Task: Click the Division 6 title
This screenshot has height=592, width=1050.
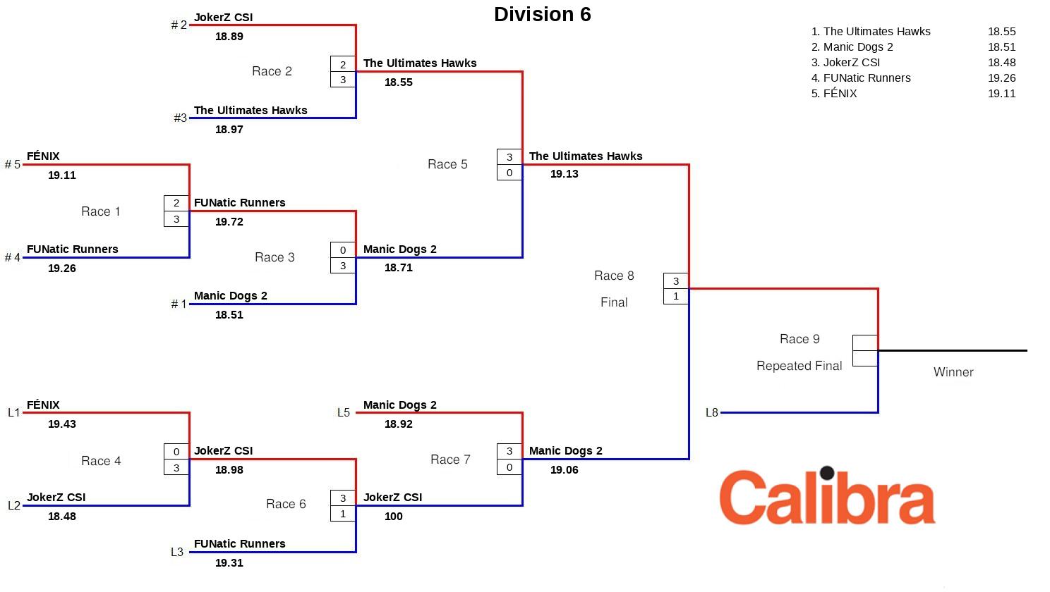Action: point(542,15)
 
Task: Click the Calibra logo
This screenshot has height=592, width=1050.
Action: point(827,496)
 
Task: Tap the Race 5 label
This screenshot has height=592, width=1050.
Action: point(447,164)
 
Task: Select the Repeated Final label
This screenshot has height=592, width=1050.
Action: point(799,366)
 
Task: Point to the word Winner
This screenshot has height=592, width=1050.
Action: point(953,372)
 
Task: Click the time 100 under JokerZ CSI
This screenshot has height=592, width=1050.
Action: point(393,517)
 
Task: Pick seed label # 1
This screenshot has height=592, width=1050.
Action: point(179,304)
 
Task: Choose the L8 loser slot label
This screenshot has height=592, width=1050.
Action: point(711,413)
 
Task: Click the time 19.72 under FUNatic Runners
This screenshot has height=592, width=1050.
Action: point(229,222)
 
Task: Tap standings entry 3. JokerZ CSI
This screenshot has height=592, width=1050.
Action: point(845,63)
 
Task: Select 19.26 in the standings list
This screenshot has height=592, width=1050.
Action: point(1001,78)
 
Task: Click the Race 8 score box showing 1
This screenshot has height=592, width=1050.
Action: point(675,297)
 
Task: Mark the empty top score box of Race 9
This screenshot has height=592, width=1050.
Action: point(864,343)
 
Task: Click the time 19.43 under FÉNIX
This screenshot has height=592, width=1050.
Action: point(62,424)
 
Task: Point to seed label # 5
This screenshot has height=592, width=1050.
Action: point(12,165)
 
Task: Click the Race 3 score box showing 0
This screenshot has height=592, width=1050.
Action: point(343,250)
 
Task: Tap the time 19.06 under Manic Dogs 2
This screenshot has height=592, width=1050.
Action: point(564,470)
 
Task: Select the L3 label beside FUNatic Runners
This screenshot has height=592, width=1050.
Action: point(177,553)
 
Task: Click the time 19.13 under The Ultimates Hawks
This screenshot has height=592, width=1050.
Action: point(564,174)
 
